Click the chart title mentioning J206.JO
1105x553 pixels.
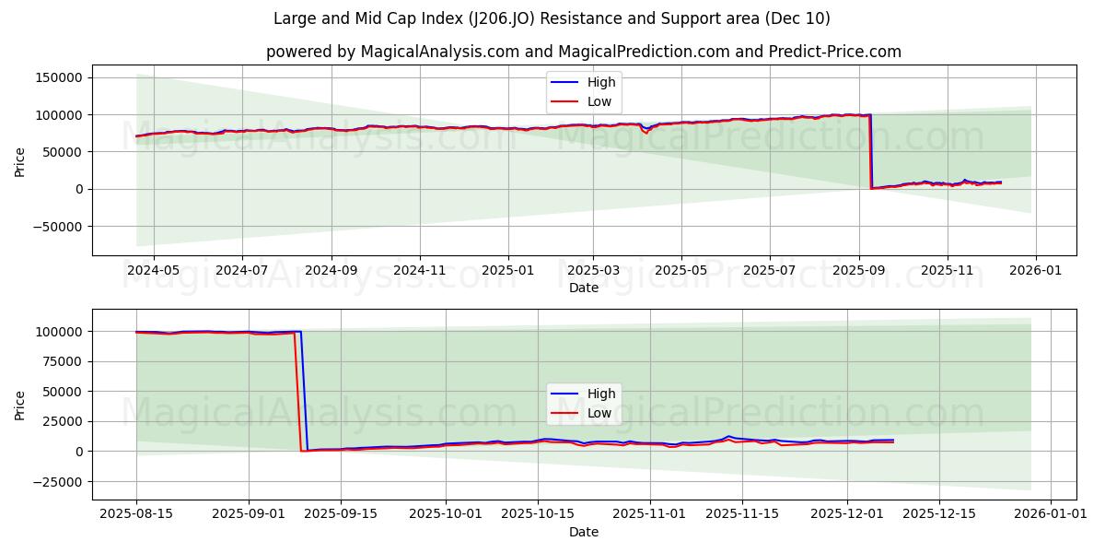coord(552,18)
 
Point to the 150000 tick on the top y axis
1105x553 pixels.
coord(59,77)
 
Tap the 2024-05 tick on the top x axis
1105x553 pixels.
coord(153,271)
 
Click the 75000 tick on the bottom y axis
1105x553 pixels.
coord(63,361)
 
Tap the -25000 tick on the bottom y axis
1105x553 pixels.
coord(60,481)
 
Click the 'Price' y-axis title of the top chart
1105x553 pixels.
coord(20,160)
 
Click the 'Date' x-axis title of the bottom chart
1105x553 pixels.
coord(583,532)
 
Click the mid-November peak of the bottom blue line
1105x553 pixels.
coord(727,436)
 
